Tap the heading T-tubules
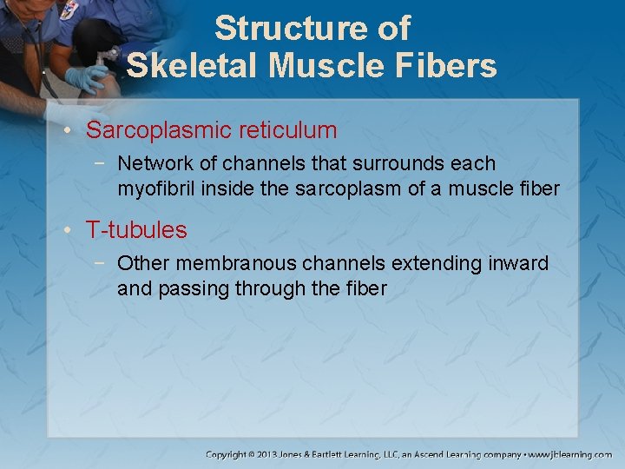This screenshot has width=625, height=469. click(136, 230)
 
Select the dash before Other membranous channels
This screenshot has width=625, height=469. click(103, 262)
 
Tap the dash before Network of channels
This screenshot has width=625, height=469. click(103, 163)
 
